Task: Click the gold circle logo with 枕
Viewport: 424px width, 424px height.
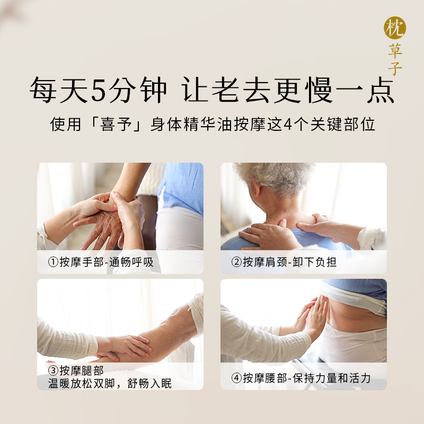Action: point(395,28)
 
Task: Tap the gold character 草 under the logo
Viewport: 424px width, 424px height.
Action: point(395,52)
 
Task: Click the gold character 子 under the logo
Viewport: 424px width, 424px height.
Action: point(395,69)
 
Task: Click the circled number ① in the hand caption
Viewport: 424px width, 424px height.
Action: point(52,262)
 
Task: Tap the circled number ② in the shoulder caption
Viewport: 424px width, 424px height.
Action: point(236,262)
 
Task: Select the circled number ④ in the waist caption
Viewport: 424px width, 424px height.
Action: point(236,378)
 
